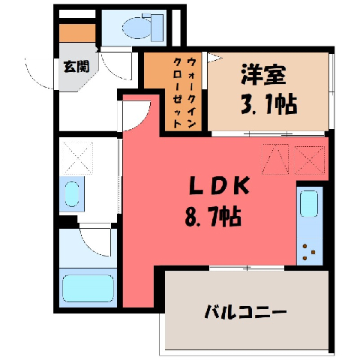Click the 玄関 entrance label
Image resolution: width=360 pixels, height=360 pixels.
(76, 67)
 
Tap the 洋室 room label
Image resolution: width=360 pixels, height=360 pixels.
(263, 74)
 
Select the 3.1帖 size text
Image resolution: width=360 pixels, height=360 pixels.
(269, 103)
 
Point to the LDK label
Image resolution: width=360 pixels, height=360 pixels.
(220, 185)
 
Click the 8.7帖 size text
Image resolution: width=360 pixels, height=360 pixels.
(213, 216)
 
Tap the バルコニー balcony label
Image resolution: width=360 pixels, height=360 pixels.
(245, 312)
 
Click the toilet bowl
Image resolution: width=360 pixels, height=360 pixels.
(137, 28)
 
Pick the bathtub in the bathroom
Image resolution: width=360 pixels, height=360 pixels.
(88, 289)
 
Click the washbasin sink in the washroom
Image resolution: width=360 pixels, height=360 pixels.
(72, 193)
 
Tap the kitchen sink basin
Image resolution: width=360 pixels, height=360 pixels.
(309, 204)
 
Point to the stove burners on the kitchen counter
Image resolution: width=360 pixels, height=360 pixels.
(308, 252)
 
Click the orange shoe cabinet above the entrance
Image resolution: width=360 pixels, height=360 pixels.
(77, 33)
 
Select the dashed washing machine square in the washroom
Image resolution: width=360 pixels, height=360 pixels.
(77, 157)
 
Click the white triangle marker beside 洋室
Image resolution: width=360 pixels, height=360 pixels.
(214, 57)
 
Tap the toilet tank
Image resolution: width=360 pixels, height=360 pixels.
(157, 28)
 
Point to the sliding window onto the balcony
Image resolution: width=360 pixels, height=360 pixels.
(247, 268)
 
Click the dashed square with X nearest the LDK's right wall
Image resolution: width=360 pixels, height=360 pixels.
(310, 160)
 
